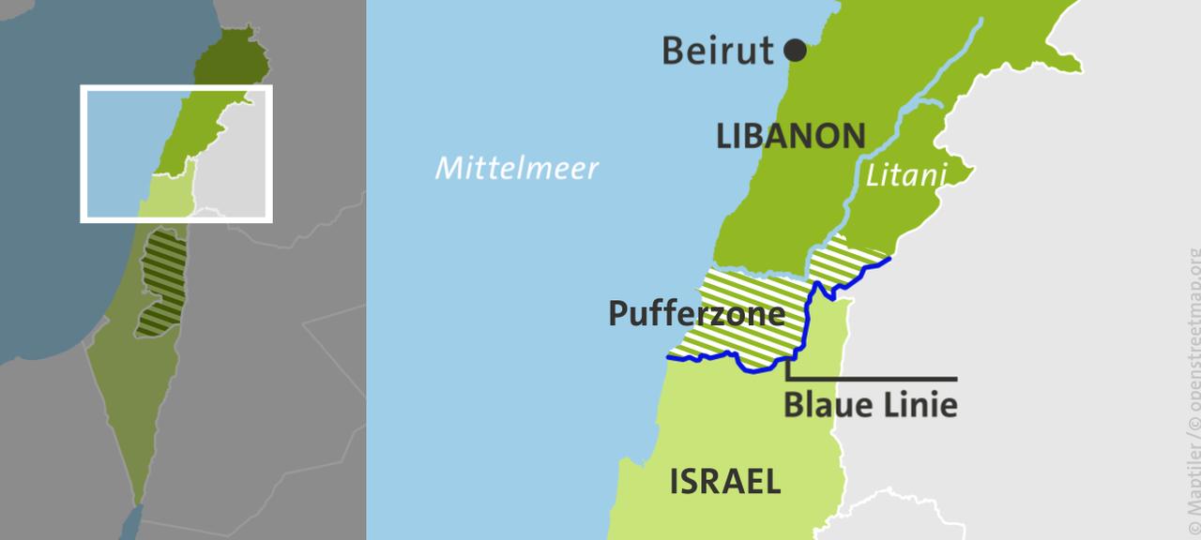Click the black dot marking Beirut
[x=795, y=51]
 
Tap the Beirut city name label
[x=718, y=51]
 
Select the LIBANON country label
[x=790, y=137]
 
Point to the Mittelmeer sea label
[x=516, y=169]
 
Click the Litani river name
[x=905, y=175]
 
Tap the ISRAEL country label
[x=724, y=482]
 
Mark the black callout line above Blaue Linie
[x=873, y=379]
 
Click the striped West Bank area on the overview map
[x=161, y=281]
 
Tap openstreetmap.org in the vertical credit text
[x=1193, y=328]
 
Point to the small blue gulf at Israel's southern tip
[x=131, y=520]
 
